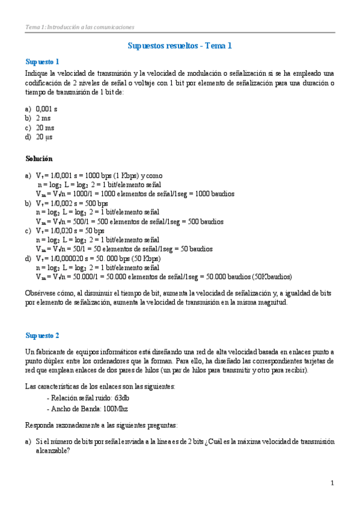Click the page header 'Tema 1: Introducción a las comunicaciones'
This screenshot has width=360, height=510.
(x=79, y=27)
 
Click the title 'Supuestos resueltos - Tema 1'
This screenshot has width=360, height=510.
(x=180, y=46)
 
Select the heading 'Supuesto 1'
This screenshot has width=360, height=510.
(x=42, y=61)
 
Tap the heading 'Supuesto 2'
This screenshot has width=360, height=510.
(x=42, y=335)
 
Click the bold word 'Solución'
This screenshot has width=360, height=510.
(x=39, y=159)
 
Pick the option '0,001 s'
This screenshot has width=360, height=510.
(x=46, y=109)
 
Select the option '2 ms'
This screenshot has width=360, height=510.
(x=43, y=118)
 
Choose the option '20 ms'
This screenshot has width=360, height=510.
(x=44, y=127)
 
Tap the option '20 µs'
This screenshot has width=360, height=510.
(x=44, y=137)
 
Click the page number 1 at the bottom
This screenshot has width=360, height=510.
(x=332, y=483)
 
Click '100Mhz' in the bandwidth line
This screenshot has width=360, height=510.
(x=120, y=409)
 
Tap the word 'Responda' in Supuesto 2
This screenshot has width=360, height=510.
(x=40, y=425)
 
